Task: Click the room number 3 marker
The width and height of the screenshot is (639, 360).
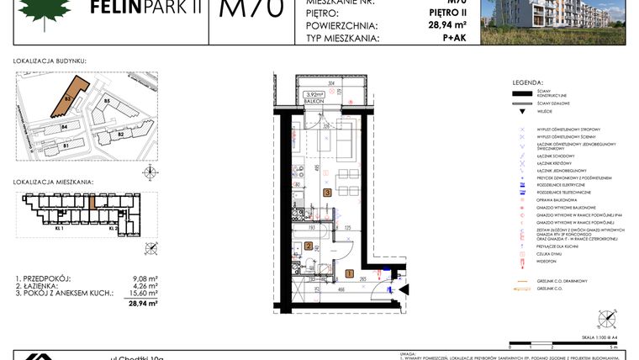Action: point(327,193)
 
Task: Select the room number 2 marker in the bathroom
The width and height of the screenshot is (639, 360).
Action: point(309,246)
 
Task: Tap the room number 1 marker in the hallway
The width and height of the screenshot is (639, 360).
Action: point(349,273)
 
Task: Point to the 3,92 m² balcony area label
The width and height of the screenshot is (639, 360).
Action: point(314,94)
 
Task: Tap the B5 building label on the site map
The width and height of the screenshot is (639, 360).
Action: point(107,102)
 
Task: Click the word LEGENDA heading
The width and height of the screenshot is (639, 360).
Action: point(528,82)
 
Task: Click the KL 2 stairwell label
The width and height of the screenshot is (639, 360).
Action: point(111,228)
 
